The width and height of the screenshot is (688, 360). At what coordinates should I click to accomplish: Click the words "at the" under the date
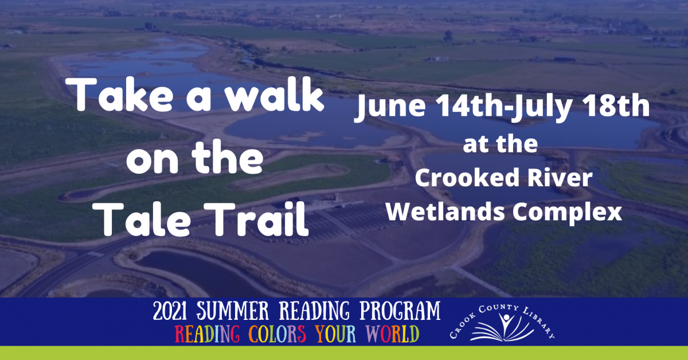500,145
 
